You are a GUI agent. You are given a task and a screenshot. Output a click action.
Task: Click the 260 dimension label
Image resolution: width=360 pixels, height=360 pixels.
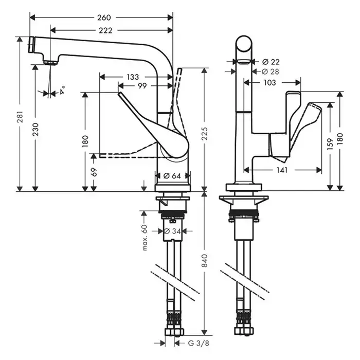click(x=103, y=17)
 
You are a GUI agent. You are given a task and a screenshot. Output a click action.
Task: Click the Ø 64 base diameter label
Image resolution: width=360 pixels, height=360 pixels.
click(x=172, y=176)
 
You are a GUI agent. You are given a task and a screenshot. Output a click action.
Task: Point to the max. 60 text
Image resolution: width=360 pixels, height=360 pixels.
click(x=145, y=237)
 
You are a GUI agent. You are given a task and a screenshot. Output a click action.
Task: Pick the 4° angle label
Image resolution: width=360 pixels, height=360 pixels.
click(x=62, y=93)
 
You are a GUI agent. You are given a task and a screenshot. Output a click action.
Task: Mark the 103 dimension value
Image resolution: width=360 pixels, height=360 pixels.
click(x=269, y=82)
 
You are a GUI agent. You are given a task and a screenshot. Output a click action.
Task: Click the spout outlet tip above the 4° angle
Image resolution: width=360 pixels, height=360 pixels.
click(x=50, y=62)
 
